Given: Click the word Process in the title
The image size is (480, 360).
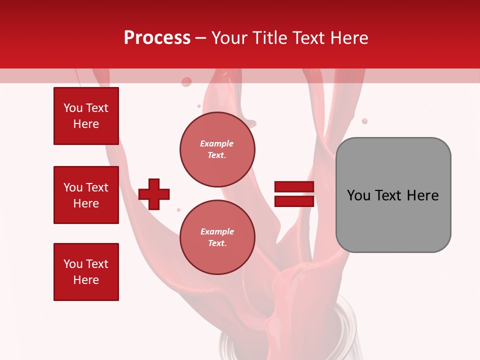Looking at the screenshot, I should click(157, 38).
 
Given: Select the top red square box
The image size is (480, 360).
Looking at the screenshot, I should click(86, 116).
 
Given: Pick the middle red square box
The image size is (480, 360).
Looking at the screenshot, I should click(86, 195).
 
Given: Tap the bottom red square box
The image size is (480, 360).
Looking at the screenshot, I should click(86, 272).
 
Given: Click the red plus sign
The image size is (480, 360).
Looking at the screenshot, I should click(154, 194).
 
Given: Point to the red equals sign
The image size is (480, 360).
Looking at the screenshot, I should click(294, 194).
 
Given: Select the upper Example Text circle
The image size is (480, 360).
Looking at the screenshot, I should click(217, 149).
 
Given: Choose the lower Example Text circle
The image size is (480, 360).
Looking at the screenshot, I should click(217, 237).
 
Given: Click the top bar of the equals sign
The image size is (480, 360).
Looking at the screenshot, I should click(294, 187).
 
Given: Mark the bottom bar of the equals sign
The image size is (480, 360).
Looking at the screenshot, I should click(294, 201).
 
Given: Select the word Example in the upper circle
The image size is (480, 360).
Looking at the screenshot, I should click(217, 143).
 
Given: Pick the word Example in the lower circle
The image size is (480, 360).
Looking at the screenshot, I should click(217, 231).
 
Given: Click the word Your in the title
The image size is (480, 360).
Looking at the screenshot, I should click(229, 38).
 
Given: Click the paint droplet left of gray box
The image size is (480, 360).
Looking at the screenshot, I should click(364, 121).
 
